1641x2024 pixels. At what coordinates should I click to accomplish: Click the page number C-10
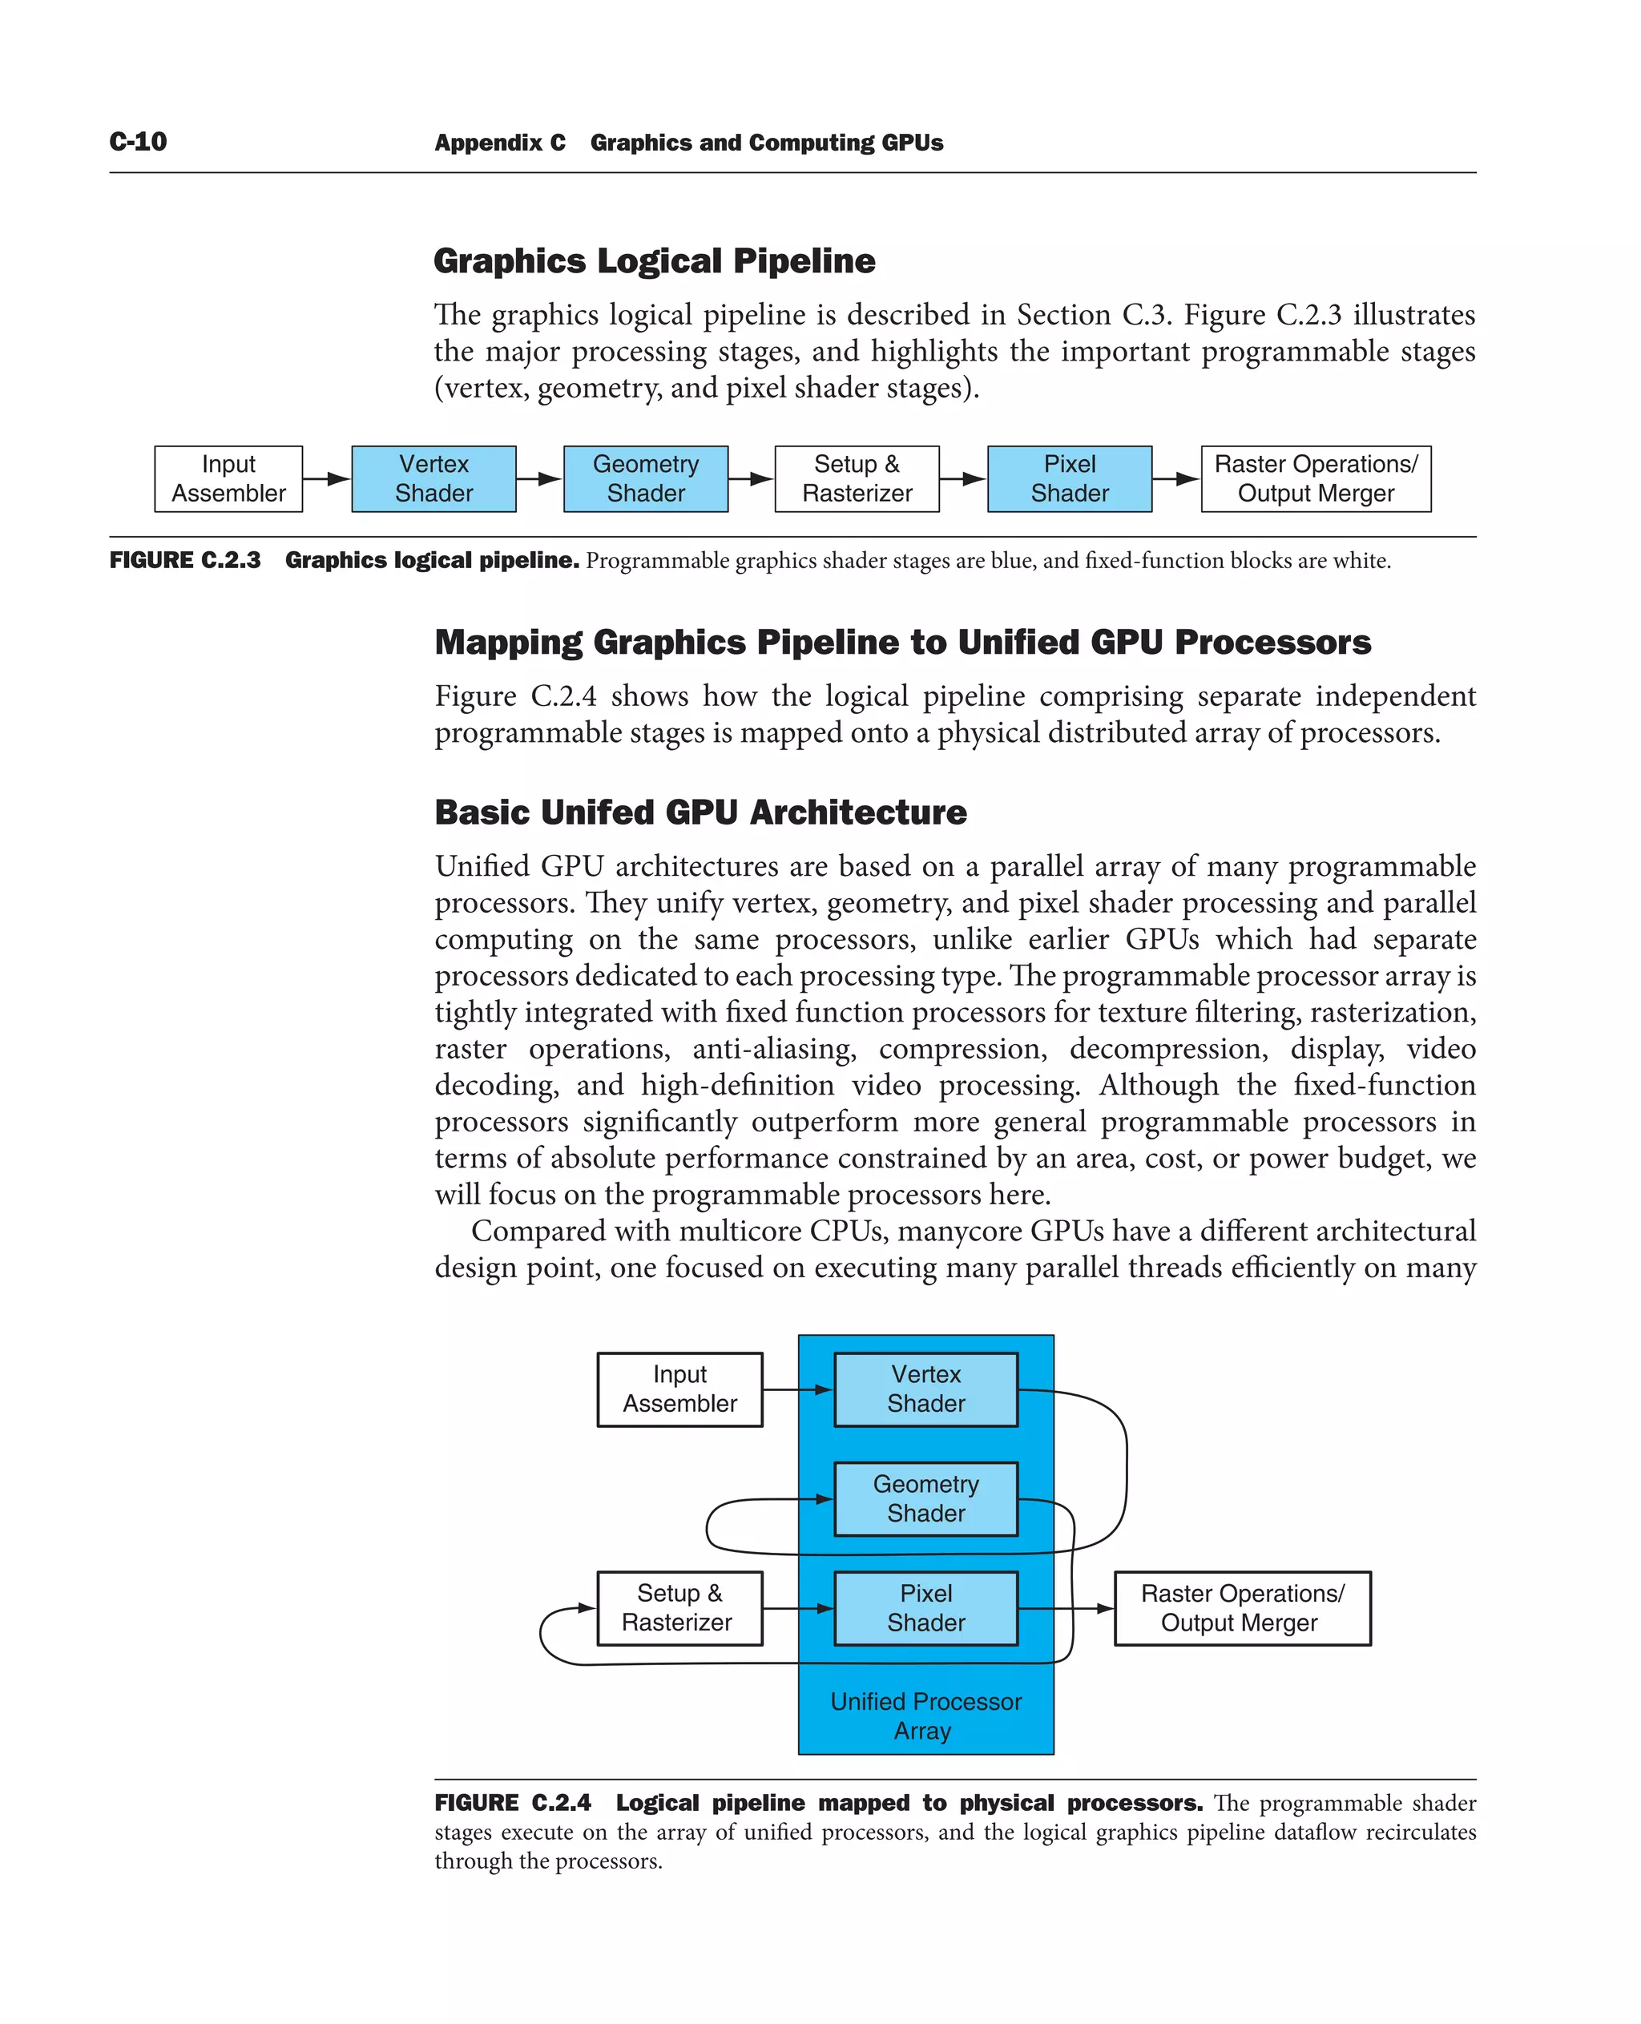(x=138, y=142)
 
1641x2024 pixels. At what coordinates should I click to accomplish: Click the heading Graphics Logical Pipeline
(x=654, y=261)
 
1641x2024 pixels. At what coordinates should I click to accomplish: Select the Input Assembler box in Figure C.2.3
(x=228, y=478)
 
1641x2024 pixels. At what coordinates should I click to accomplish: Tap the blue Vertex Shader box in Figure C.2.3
(x=433, y=478)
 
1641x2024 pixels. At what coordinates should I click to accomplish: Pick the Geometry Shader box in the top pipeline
(x=646, y=478)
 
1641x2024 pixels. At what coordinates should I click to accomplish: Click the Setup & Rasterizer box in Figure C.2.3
(x=857, y=478)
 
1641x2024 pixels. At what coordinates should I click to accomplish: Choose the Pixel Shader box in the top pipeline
(x=1069, y=478)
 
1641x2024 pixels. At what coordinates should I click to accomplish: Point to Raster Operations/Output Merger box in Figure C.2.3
(x=1316, y=478)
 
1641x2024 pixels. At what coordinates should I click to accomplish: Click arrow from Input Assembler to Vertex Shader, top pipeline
(x=327, y=478)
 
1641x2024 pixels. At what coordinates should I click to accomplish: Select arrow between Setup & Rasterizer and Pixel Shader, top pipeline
(x=963, y=478)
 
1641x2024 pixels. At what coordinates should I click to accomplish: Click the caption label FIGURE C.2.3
(x=185, y=561)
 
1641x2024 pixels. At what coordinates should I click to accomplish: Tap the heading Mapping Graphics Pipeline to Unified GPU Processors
(x=901, y=642)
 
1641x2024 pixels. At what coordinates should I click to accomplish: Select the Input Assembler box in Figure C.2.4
(x=679, y=1389)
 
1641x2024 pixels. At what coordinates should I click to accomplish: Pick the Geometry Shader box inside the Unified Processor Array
(x=925, y=1498)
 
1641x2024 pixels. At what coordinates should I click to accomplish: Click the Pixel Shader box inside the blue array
(x=925, y=1608)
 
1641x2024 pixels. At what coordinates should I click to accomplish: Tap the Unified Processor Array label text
(x=925, y=1716)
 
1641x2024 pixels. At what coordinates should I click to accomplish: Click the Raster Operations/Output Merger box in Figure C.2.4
(x=1242, y=1608)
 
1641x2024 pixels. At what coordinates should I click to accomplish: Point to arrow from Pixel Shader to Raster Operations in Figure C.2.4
(x=1066, y=1608)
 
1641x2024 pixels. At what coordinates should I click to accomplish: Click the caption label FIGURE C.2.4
(x=512, y=1803)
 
